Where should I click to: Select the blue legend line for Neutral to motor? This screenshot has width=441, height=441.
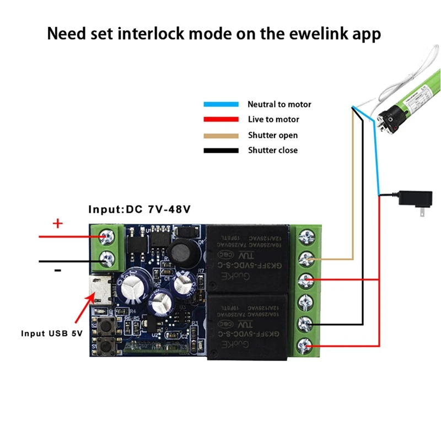coord(220,104)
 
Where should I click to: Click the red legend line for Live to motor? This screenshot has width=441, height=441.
coord(220,119)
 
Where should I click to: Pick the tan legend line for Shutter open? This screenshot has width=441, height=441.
coord(220,135)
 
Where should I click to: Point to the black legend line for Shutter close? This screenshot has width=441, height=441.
coord(220,150)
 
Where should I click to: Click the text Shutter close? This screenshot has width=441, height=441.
coord(272,150)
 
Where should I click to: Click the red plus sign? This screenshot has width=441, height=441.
coord(58,224)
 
